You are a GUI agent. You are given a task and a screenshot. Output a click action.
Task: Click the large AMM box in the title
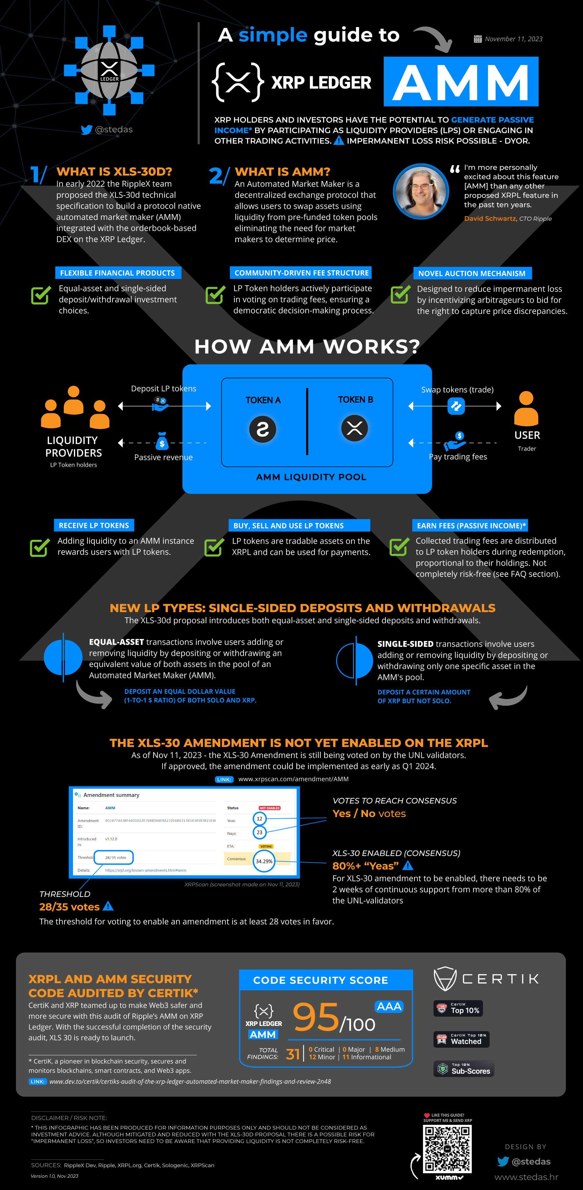[x=461, y=82]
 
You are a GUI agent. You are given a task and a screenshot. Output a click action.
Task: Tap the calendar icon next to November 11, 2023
[x=478, y=39]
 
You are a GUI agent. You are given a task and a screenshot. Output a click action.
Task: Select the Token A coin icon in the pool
[x=263, y=429]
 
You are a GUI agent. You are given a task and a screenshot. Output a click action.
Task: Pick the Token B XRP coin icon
[x=354, y=428]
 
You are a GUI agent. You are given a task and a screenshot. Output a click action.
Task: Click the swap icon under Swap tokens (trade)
[x=456, y=406]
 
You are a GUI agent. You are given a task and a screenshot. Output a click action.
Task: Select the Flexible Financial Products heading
[x=118, y=273]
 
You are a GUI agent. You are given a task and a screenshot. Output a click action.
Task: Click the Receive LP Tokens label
[x=94, y=525]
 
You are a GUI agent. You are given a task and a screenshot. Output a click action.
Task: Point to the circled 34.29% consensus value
[x=264, y=861]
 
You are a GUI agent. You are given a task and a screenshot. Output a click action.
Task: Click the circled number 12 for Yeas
[x=259, y=819]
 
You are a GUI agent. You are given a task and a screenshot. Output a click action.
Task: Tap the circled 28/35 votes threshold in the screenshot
[x=114, y=858]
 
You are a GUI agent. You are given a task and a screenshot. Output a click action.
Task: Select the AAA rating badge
[x=389, y=1007]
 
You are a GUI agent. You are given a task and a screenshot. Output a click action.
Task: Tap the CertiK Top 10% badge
[x=458, y=1008]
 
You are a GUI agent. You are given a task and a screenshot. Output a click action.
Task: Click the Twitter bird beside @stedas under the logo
[x=86, y=130]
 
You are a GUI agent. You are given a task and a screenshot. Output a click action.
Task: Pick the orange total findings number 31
[x=293, y=1054]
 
